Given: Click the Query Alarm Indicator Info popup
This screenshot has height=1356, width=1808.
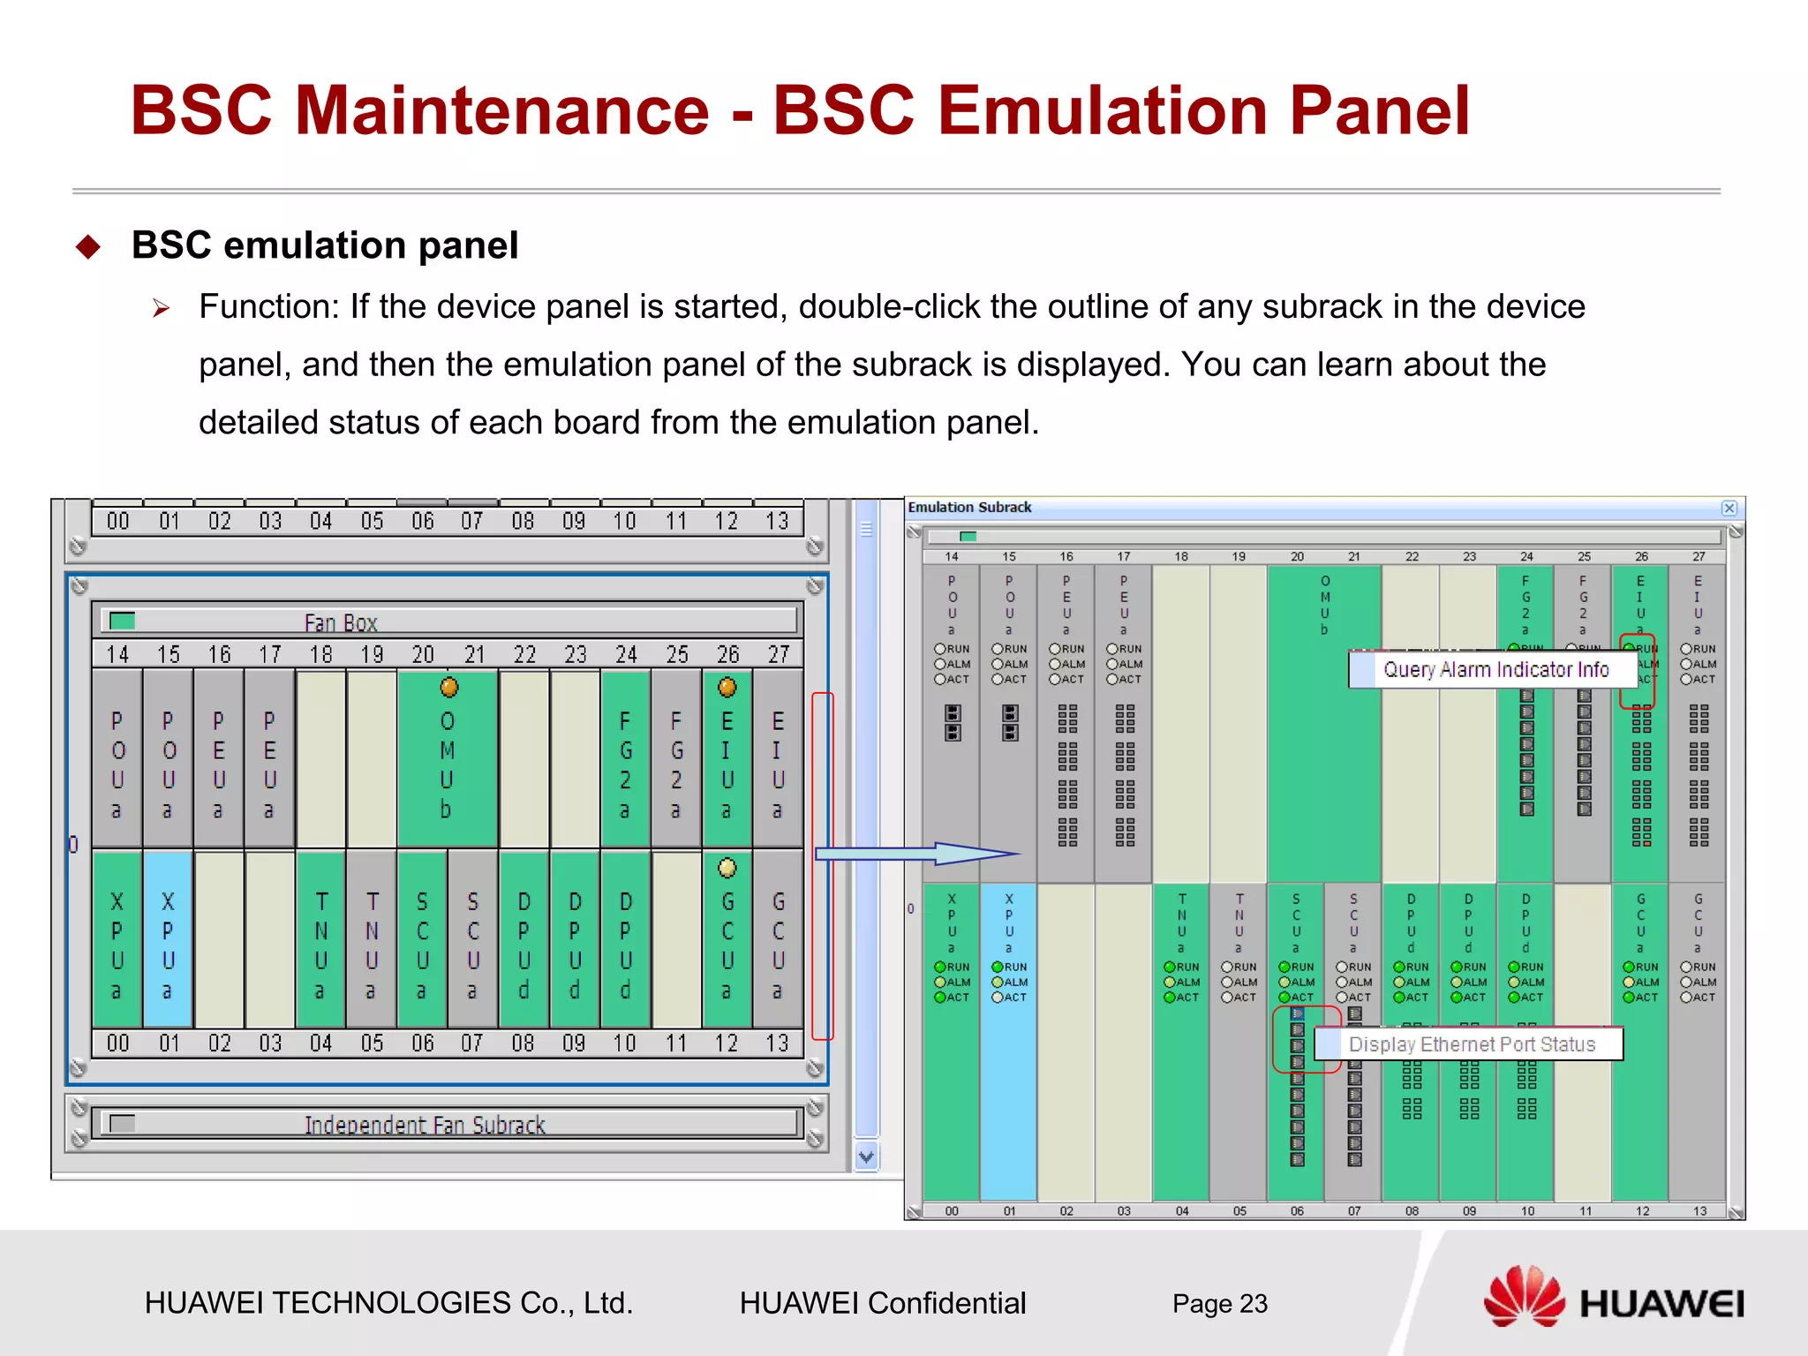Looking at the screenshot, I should (x=1495, y=670).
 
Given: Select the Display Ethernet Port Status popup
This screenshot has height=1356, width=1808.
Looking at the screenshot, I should (x=1471, y=1044).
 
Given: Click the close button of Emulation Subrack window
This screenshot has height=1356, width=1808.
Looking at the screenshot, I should (x=1729, y=508).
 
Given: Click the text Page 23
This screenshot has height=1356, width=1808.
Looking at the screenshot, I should (x=1219, y=1304).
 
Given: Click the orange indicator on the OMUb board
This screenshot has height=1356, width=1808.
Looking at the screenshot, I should (x=449, y=687).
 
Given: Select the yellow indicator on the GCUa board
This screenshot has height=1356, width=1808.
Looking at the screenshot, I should (x=727, y=868).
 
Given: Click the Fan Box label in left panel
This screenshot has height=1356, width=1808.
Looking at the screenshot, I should (x=341, y=623).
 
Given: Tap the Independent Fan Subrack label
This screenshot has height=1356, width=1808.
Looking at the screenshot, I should (x=425, y=1125).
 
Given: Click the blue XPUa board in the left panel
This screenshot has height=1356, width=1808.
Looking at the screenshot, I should (x=168, y=939).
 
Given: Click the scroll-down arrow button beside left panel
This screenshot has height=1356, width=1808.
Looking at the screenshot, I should (x=867, y=1156).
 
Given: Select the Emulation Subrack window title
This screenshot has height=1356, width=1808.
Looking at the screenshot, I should (x=969, y=508).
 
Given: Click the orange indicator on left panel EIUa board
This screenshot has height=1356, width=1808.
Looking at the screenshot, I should (x=727, y=687).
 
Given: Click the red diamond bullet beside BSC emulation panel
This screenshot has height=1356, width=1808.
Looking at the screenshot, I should (x=89, y=246).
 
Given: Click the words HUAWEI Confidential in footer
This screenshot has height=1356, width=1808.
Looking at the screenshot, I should (x=882, y=1304).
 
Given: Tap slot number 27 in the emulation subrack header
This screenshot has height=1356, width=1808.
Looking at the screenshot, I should (x=1699, y=557).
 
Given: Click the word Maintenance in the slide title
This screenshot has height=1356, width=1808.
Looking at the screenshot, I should (x=501, y=110).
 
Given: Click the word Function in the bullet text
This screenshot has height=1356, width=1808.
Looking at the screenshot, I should (x=268, y=307).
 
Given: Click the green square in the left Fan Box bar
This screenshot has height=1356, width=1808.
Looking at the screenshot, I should (x=122, y=621).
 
